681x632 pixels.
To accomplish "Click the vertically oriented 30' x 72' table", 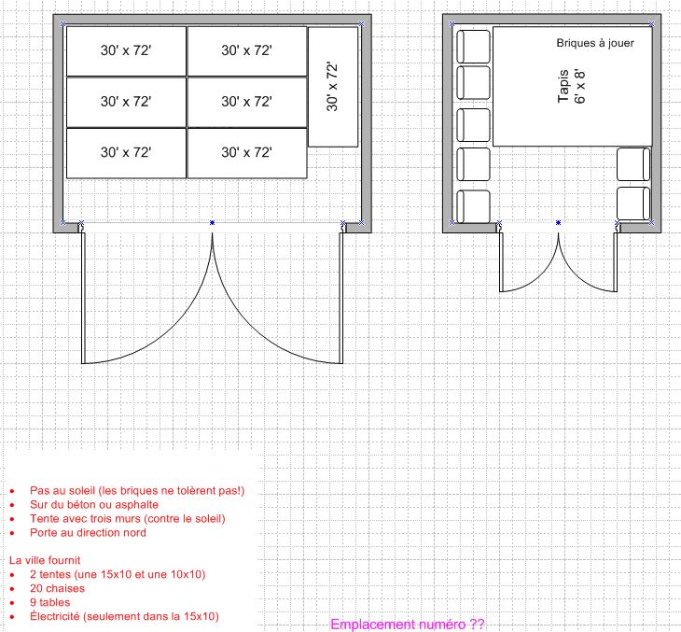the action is click(333, 87).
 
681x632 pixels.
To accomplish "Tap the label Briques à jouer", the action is click(595, 43).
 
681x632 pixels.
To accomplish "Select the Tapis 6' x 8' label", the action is click(572, 86).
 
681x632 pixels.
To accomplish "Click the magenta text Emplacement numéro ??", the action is click(408, 625).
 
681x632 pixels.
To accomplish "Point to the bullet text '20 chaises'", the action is click(57, 588).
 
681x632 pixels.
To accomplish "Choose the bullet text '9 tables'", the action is click(50, 602).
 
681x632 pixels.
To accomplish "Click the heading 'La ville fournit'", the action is click(45, 560).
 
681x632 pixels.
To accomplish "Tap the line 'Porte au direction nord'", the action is click(88, 532).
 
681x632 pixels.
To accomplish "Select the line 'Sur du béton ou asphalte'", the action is click(94, 504).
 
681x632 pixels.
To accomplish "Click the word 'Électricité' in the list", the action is click(55, 616).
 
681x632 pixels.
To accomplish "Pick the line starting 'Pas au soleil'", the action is click(137, 490).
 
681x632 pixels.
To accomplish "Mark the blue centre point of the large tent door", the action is click(212, 222).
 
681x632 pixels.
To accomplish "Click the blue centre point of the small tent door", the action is click(558, 222).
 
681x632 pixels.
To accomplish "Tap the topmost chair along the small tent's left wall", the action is click(473, 46).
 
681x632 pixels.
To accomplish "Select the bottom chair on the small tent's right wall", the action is click(633, 204).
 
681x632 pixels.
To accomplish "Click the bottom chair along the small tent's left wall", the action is click(473, 207).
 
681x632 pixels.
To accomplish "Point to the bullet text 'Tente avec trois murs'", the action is click(128, 518).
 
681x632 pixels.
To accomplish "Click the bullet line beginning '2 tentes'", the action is click(118, 574).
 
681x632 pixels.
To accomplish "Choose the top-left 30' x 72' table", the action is click(126, 51).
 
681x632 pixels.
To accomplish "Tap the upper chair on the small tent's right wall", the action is click(633, 164).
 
